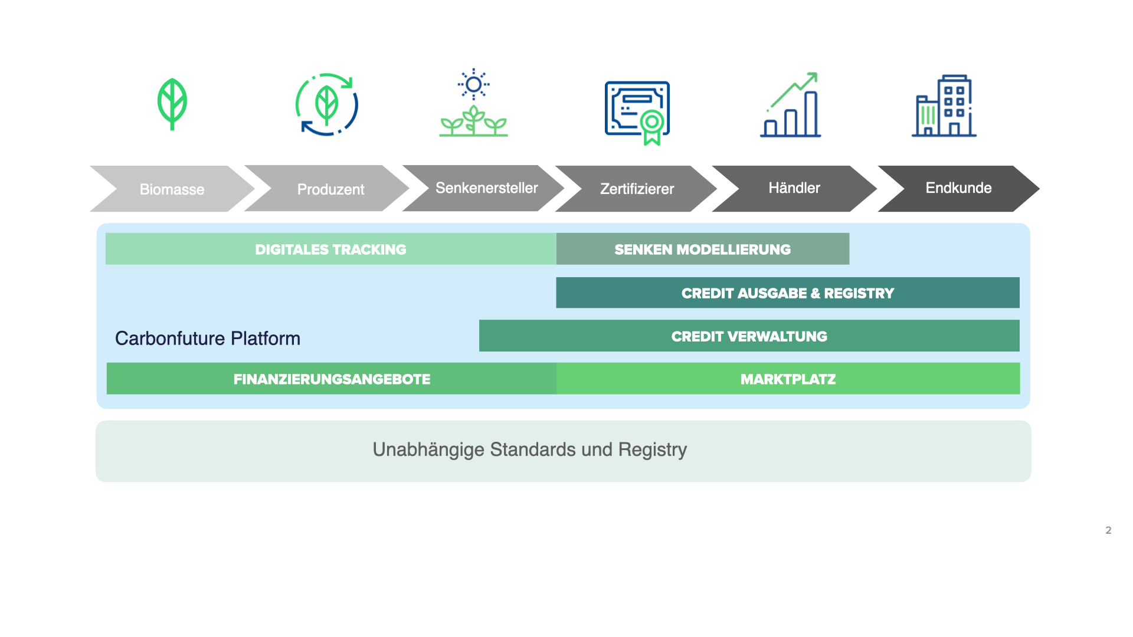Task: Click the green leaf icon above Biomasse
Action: coord(172,104)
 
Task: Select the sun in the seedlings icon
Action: coord(473,84)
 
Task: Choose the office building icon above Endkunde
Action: coord(944,106)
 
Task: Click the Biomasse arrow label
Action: coord(172,189)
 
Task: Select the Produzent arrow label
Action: coord(330,189)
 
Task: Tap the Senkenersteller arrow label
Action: coord(486,188)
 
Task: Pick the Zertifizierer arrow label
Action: coord(637,189)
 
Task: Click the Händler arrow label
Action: coord(794,188)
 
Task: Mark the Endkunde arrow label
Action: coord(958,188)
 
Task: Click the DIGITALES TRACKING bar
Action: coord(330,249)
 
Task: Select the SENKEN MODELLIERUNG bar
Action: coord(702,249)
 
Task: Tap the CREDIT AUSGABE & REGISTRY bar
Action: coord(788,293)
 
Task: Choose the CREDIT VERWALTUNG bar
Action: coord(749,336)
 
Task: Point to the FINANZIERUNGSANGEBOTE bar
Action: coord(331,379)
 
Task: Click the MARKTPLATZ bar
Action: coord(788,379)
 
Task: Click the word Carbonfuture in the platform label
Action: coord(170,338)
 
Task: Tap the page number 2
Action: coord(1108,530)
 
